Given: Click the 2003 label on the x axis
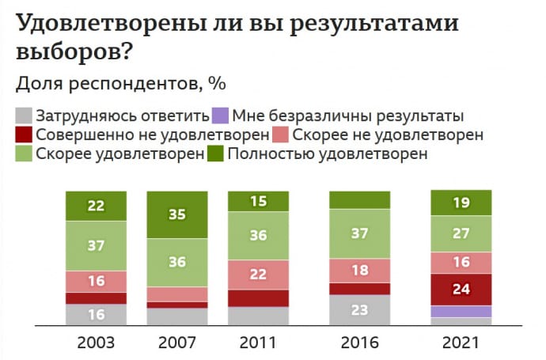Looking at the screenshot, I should pos(96,343).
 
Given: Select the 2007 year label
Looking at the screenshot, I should pos(178,343).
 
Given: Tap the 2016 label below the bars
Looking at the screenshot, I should pos(359,343).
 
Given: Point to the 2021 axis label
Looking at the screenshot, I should pos(461,343).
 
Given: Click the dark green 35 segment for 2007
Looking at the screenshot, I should pos(178,214).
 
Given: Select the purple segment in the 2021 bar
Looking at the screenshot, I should pos(461,311).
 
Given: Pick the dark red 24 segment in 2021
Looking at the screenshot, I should pos(461,289).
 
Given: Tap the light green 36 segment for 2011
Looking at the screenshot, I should pos(258,236).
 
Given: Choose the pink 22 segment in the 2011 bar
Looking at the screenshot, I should pos(258,274).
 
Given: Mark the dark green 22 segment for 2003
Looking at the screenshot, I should pos(96,205).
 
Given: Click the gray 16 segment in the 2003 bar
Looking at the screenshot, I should pos(96,314).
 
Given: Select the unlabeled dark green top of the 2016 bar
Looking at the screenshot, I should pos(359,199).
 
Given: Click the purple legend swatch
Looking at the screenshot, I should pos(223,116).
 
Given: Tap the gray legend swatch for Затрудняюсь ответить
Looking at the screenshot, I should pos(25,116).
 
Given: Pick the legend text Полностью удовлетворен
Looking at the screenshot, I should pos(327,153).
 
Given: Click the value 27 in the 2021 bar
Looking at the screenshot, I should pos(461,234).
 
